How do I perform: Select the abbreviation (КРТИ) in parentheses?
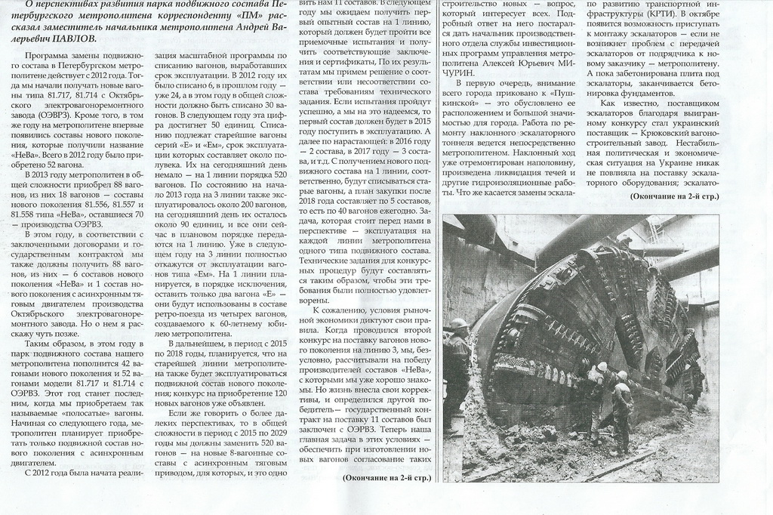coord(655,14)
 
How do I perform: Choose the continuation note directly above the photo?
coord(674,197)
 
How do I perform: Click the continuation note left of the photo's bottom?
coord(386,478)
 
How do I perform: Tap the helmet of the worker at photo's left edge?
coord(459,324)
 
